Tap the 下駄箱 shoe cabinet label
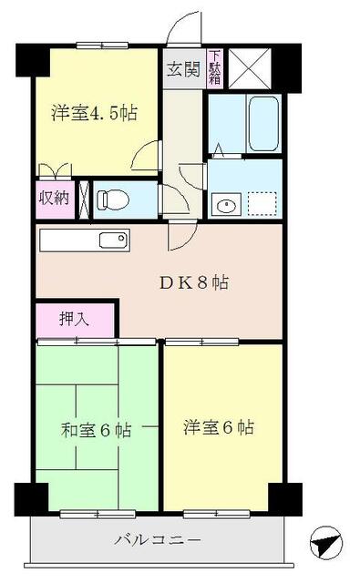(215, 66)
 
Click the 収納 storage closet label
(53, 198)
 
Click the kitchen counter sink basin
(113, 240)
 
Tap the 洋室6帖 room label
(218, 426)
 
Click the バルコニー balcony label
(158, 539)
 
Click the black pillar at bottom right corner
(283, 497)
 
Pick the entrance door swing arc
(188, 25)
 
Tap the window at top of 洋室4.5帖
(101, 44)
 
